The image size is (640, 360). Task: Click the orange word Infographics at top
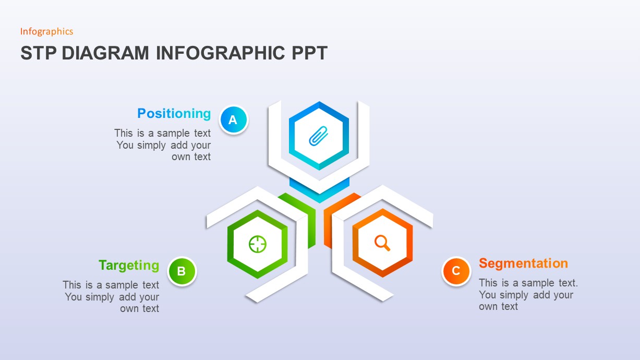46,31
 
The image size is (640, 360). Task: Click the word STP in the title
38,53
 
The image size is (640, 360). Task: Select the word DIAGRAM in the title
105,53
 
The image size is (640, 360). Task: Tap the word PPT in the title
309,53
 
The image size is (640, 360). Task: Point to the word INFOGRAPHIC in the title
220,53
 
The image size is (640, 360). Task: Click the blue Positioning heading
174,113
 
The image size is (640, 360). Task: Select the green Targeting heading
129,266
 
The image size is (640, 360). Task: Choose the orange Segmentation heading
524,263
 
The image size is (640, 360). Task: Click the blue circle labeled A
234,119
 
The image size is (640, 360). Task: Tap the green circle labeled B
182,271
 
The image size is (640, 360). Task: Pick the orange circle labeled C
456,271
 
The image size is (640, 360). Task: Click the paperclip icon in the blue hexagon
318,136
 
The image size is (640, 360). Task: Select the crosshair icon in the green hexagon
258,244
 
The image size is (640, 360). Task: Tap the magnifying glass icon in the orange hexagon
382,243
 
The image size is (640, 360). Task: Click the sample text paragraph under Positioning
163,145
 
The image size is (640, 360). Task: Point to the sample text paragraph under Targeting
111,296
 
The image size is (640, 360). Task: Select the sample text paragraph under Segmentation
528,295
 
